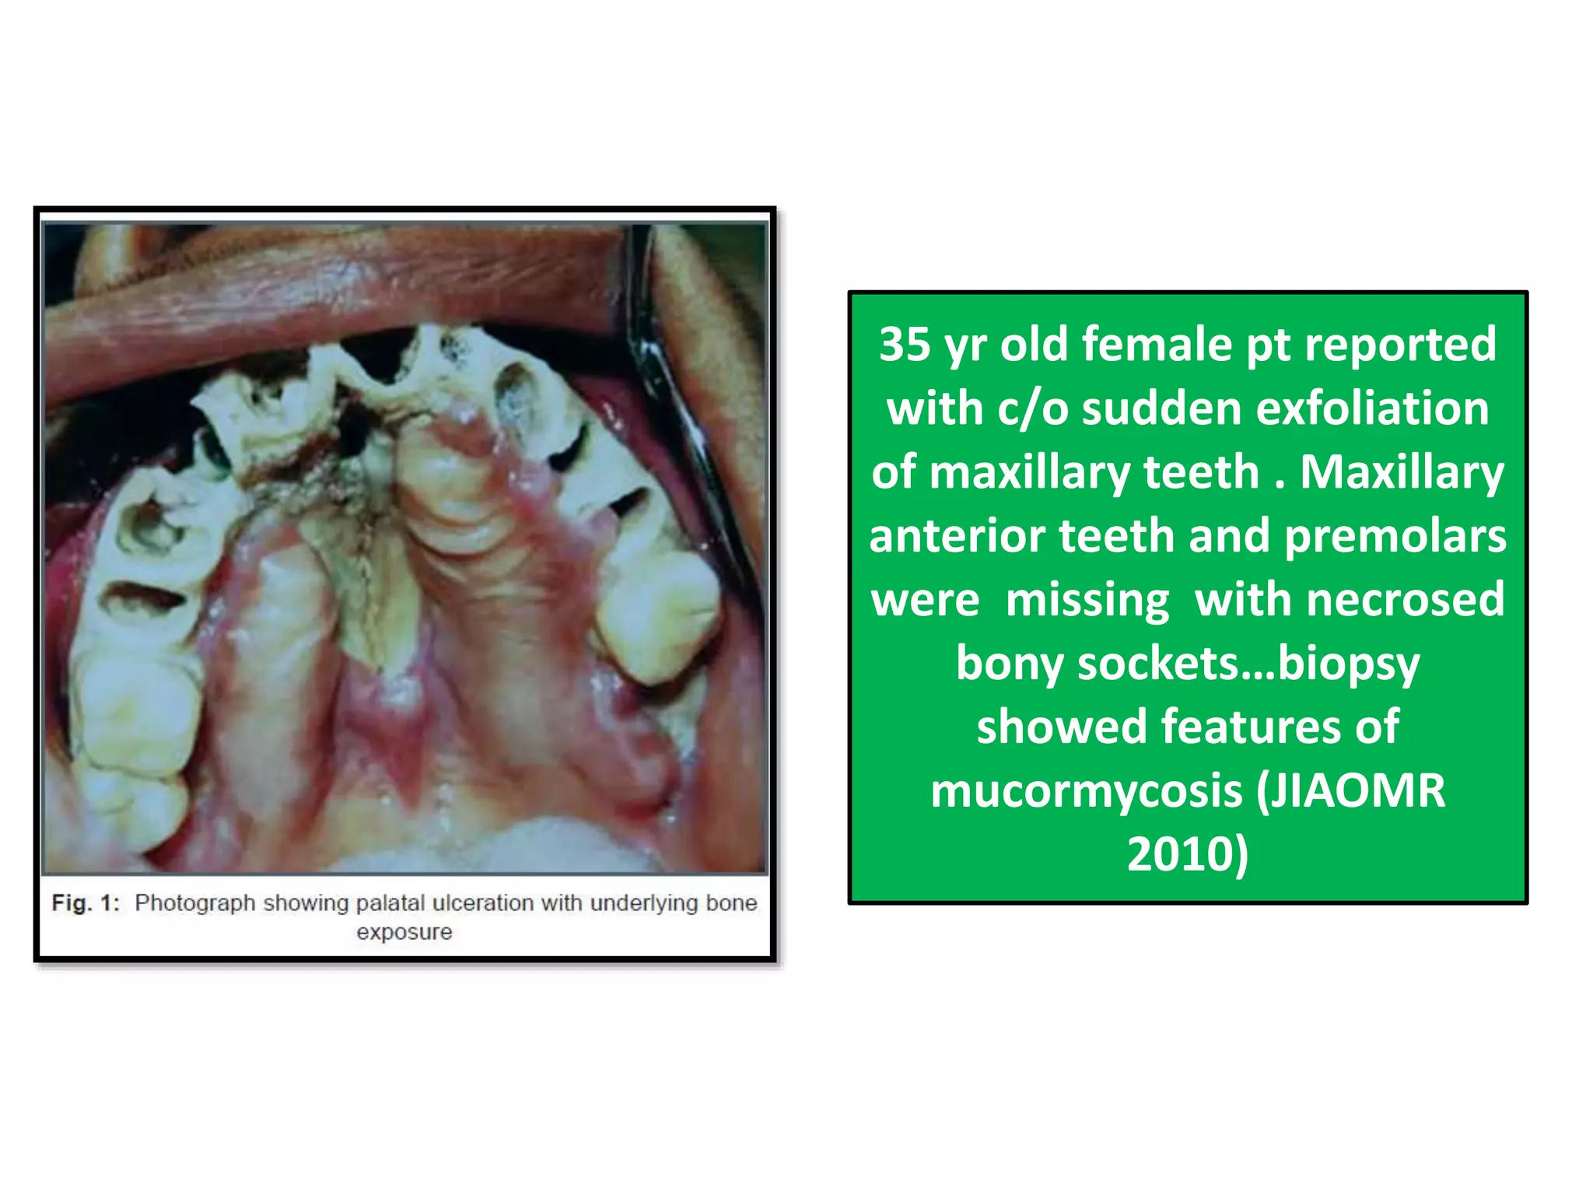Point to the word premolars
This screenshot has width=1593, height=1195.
click(1395, 536)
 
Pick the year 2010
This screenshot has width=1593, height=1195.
click(1187, 854)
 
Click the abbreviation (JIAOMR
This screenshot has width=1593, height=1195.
click(1350, 791)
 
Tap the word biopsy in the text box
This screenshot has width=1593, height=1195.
click(1349, 664)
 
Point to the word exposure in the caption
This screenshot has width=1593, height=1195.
click(404, 932)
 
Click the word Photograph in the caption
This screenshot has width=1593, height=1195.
click(194, 903)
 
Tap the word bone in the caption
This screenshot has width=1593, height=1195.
click(731, 903)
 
